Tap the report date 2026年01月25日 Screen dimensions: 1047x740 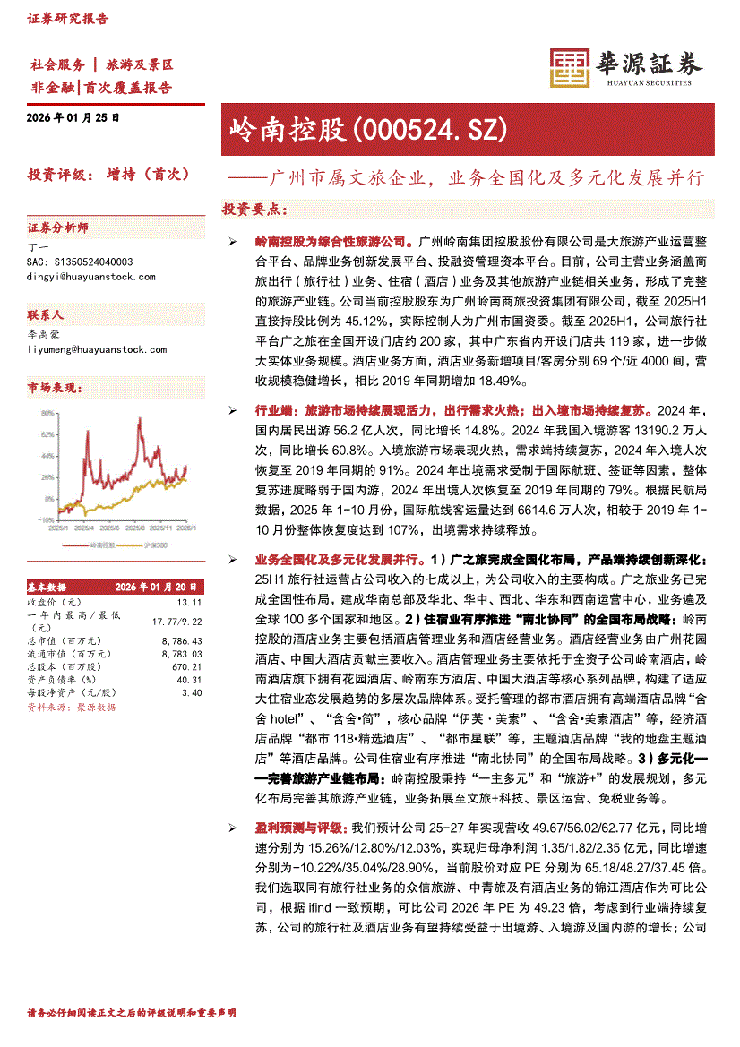pyautogui.click(x=73, y=117)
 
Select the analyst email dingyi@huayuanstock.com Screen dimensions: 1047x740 pyautogui.click(x=80, y=278)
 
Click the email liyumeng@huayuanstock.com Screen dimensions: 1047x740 pyautogui.click(x=84, y=349)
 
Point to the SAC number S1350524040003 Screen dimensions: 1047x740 pyautogui.click(x=82, y=262)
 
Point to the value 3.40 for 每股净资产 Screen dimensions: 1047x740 pyautogui.click(x=192, y=692)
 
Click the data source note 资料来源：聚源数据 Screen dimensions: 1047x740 pyautogui.click(x=71, y=707)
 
